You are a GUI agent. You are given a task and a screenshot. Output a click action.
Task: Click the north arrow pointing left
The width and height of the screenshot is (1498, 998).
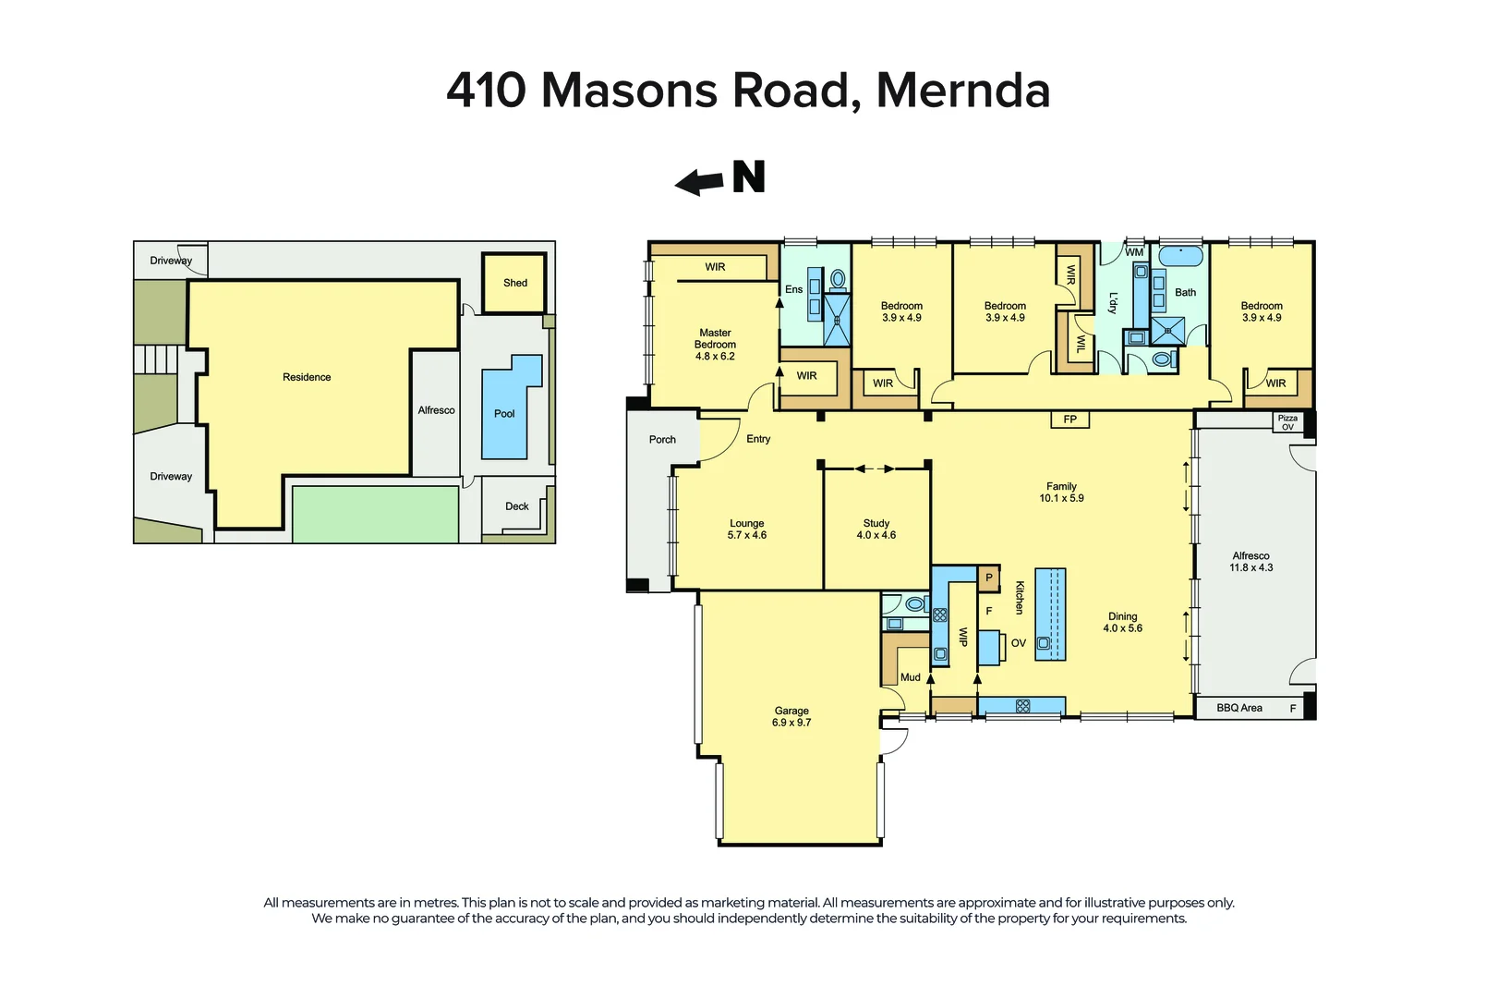[699, 183]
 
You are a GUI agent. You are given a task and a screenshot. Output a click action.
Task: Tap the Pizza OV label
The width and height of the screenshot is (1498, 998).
[1287, 422]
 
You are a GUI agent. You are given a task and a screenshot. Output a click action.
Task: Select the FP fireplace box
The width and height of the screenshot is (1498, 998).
[1069, 420]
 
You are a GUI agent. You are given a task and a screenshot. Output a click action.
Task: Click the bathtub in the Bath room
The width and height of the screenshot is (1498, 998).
[1181, 256]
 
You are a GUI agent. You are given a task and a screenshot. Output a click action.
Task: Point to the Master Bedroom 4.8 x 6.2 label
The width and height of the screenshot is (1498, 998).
[715, 345]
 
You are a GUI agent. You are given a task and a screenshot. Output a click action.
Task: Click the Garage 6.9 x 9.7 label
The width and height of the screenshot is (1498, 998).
[791, 717]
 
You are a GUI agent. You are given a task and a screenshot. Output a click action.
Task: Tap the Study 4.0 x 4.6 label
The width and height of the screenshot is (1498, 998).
[876, 529]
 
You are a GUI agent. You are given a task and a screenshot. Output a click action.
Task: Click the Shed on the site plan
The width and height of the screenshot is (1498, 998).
[514, 283]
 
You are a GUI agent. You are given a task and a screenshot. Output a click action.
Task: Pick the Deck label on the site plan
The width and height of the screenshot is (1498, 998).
[516, 506]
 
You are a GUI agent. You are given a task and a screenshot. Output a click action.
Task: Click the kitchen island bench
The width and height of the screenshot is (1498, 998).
[1050, 614]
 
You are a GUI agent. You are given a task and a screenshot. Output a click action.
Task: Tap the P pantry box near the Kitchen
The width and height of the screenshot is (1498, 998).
[989, 578]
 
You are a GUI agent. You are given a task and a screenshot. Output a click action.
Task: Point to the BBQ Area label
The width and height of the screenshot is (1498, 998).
[1238, 708]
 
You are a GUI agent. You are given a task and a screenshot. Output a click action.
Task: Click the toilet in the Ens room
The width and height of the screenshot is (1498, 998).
[839, 278]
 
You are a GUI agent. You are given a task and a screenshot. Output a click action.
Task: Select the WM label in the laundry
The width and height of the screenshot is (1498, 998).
[1134, 252]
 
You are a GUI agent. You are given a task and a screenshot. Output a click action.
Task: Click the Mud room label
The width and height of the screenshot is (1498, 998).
[910, 677]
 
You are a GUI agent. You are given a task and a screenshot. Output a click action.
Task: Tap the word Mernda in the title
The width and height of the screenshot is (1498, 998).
[962, 91]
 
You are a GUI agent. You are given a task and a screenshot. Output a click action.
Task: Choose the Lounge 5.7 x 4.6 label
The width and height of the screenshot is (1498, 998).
[746, 529]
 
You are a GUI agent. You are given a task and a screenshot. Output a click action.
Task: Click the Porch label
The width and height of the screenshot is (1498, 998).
[662, 440]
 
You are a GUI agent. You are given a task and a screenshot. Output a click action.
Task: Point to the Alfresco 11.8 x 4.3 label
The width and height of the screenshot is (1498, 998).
[1250, 562]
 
